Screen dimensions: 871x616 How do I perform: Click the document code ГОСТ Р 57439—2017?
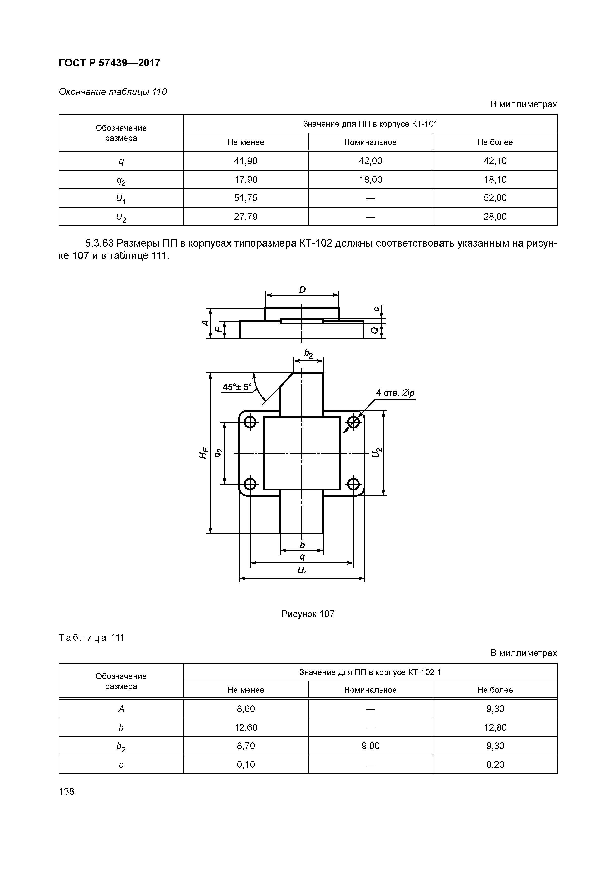click(x=109, y=63)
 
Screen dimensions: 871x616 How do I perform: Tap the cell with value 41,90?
click(x=246, y=161)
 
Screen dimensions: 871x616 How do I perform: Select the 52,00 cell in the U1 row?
click(x=495, y=198)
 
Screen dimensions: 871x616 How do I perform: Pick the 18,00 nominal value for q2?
click(x=370, y=180)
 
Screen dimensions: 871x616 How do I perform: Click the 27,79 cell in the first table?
click(x=246, y=217)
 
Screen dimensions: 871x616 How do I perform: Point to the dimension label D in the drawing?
click(x=302, y=290)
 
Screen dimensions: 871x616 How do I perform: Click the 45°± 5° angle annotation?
click(x=237, y=387)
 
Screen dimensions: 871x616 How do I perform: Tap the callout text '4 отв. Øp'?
click(x=395, y=393)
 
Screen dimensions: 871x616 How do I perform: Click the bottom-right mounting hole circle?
click(x=353, y=484)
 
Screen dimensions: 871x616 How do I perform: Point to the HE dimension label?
click(x=204, y=453)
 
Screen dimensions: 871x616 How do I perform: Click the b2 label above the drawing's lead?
click(x=308, y=354)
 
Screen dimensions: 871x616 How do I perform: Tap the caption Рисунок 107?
click(x=308, y=614)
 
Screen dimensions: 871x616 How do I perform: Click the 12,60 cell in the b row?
click(x=246, y=727)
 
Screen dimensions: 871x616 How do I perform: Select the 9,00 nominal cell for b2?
click(x=370, y=746)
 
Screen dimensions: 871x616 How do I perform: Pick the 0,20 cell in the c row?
click(x=495, y=764)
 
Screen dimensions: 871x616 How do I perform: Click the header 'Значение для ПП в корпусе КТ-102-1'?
click(x=370, y=673)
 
